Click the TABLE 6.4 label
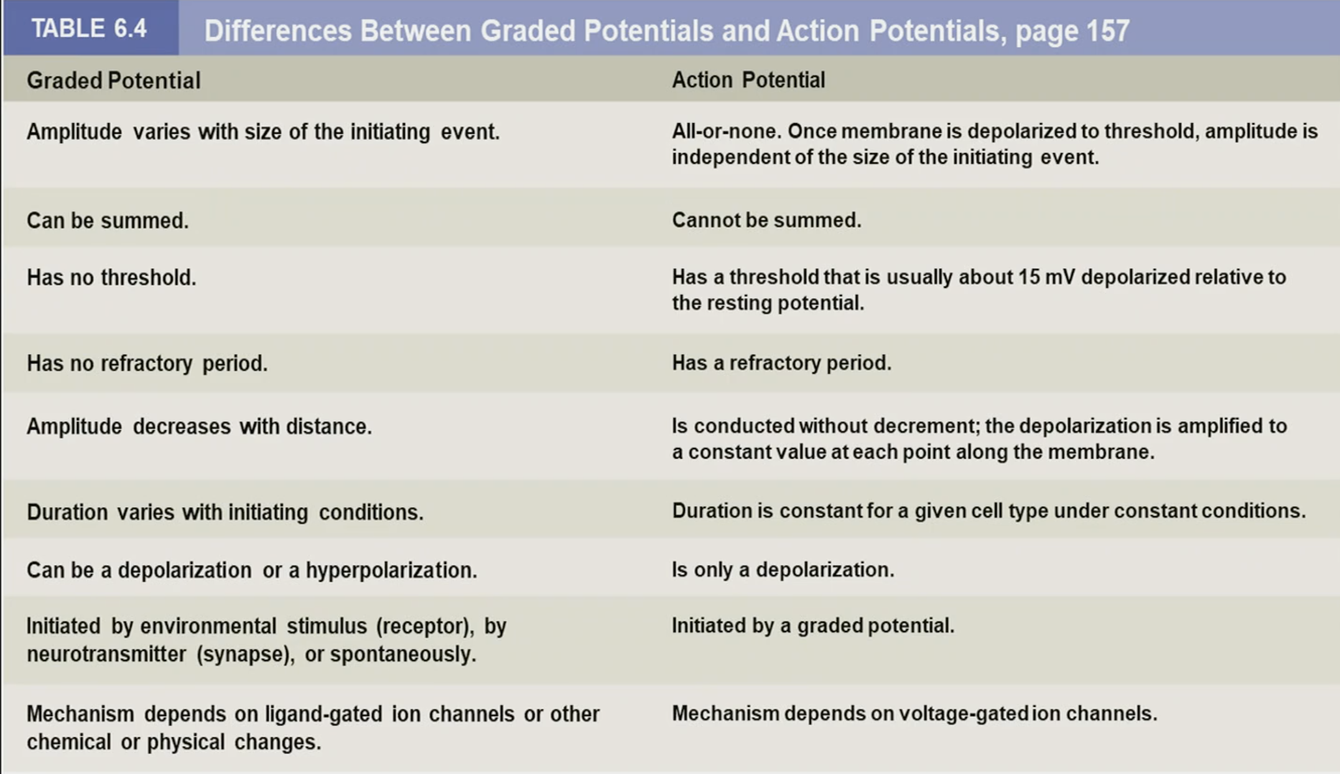click(89, 29)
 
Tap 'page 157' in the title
click(1072, 30)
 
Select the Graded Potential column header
click(113, 80)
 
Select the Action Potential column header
click(748, 80)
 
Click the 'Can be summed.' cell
click(107, 220)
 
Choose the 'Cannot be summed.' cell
click(766, 220)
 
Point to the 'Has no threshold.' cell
click(111, 277)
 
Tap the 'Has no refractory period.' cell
click(147, 363)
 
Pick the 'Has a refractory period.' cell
click(781, 363)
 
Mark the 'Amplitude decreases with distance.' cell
click(199, 426)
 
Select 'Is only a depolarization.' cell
click(783, 569)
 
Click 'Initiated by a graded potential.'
click(812, 625)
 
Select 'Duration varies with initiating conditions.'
click(225, 512)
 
